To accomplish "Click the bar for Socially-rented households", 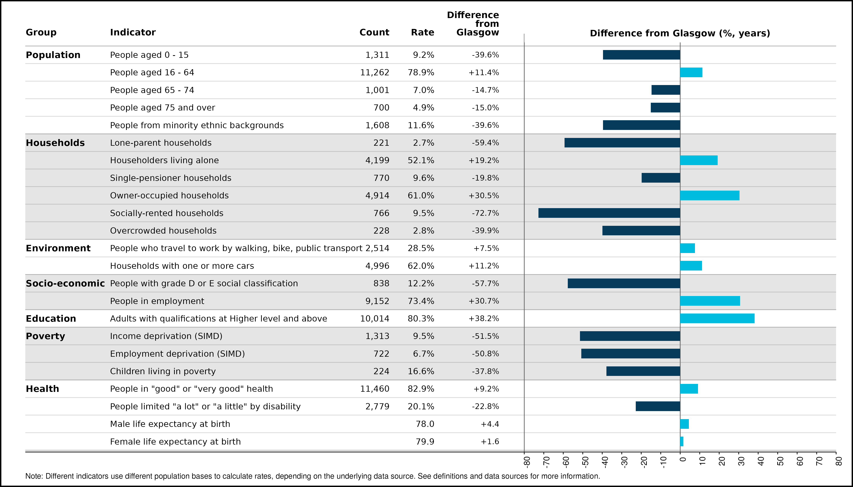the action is [x=609, y=213].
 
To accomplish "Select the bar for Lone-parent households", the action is [x=622, y=143].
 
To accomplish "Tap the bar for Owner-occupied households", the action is [x=710, y=195].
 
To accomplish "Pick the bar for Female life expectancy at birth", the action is [x=682, y=442].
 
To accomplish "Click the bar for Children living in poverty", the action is [x=643, y=371].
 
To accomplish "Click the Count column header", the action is [x=374, y=33].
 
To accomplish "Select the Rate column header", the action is [x=423, y=33].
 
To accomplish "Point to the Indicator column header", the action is [x=133, y=33].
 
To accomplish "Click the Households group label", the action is [x=55, y=143].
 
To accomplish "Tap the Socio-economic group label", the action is [x=65, y=283].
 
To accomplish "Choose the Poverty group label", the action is [x=46, y=336].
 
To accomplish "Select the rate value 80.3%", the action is [x=421, y=318].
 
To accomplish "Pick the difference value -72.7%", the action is [x=485, y=213].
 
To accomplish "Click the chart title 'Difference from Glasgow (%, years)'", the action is [x=680, y=33].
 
